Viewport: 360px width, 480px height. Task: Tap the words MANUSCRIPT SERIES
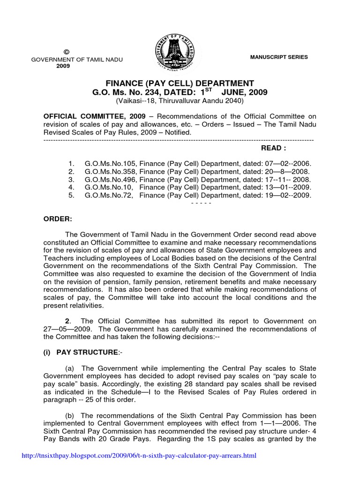(x=279, y=57)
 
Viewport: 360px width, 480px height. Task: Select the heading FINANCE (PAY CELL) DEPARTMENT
(x=180, y=83)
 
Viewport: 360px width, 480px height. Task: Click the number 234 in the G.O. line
(x=155, y=93)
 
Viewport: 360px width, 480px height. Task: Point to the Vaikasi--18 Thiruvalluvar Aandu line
(x=180, y=101)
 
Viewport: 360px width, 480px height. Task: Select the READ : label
(x=273, y=148)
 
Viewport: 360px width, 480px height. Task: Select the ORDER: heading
(x=57, y=219)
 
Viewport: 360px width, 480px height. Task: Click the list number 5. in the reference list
(x=71, y=195)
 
